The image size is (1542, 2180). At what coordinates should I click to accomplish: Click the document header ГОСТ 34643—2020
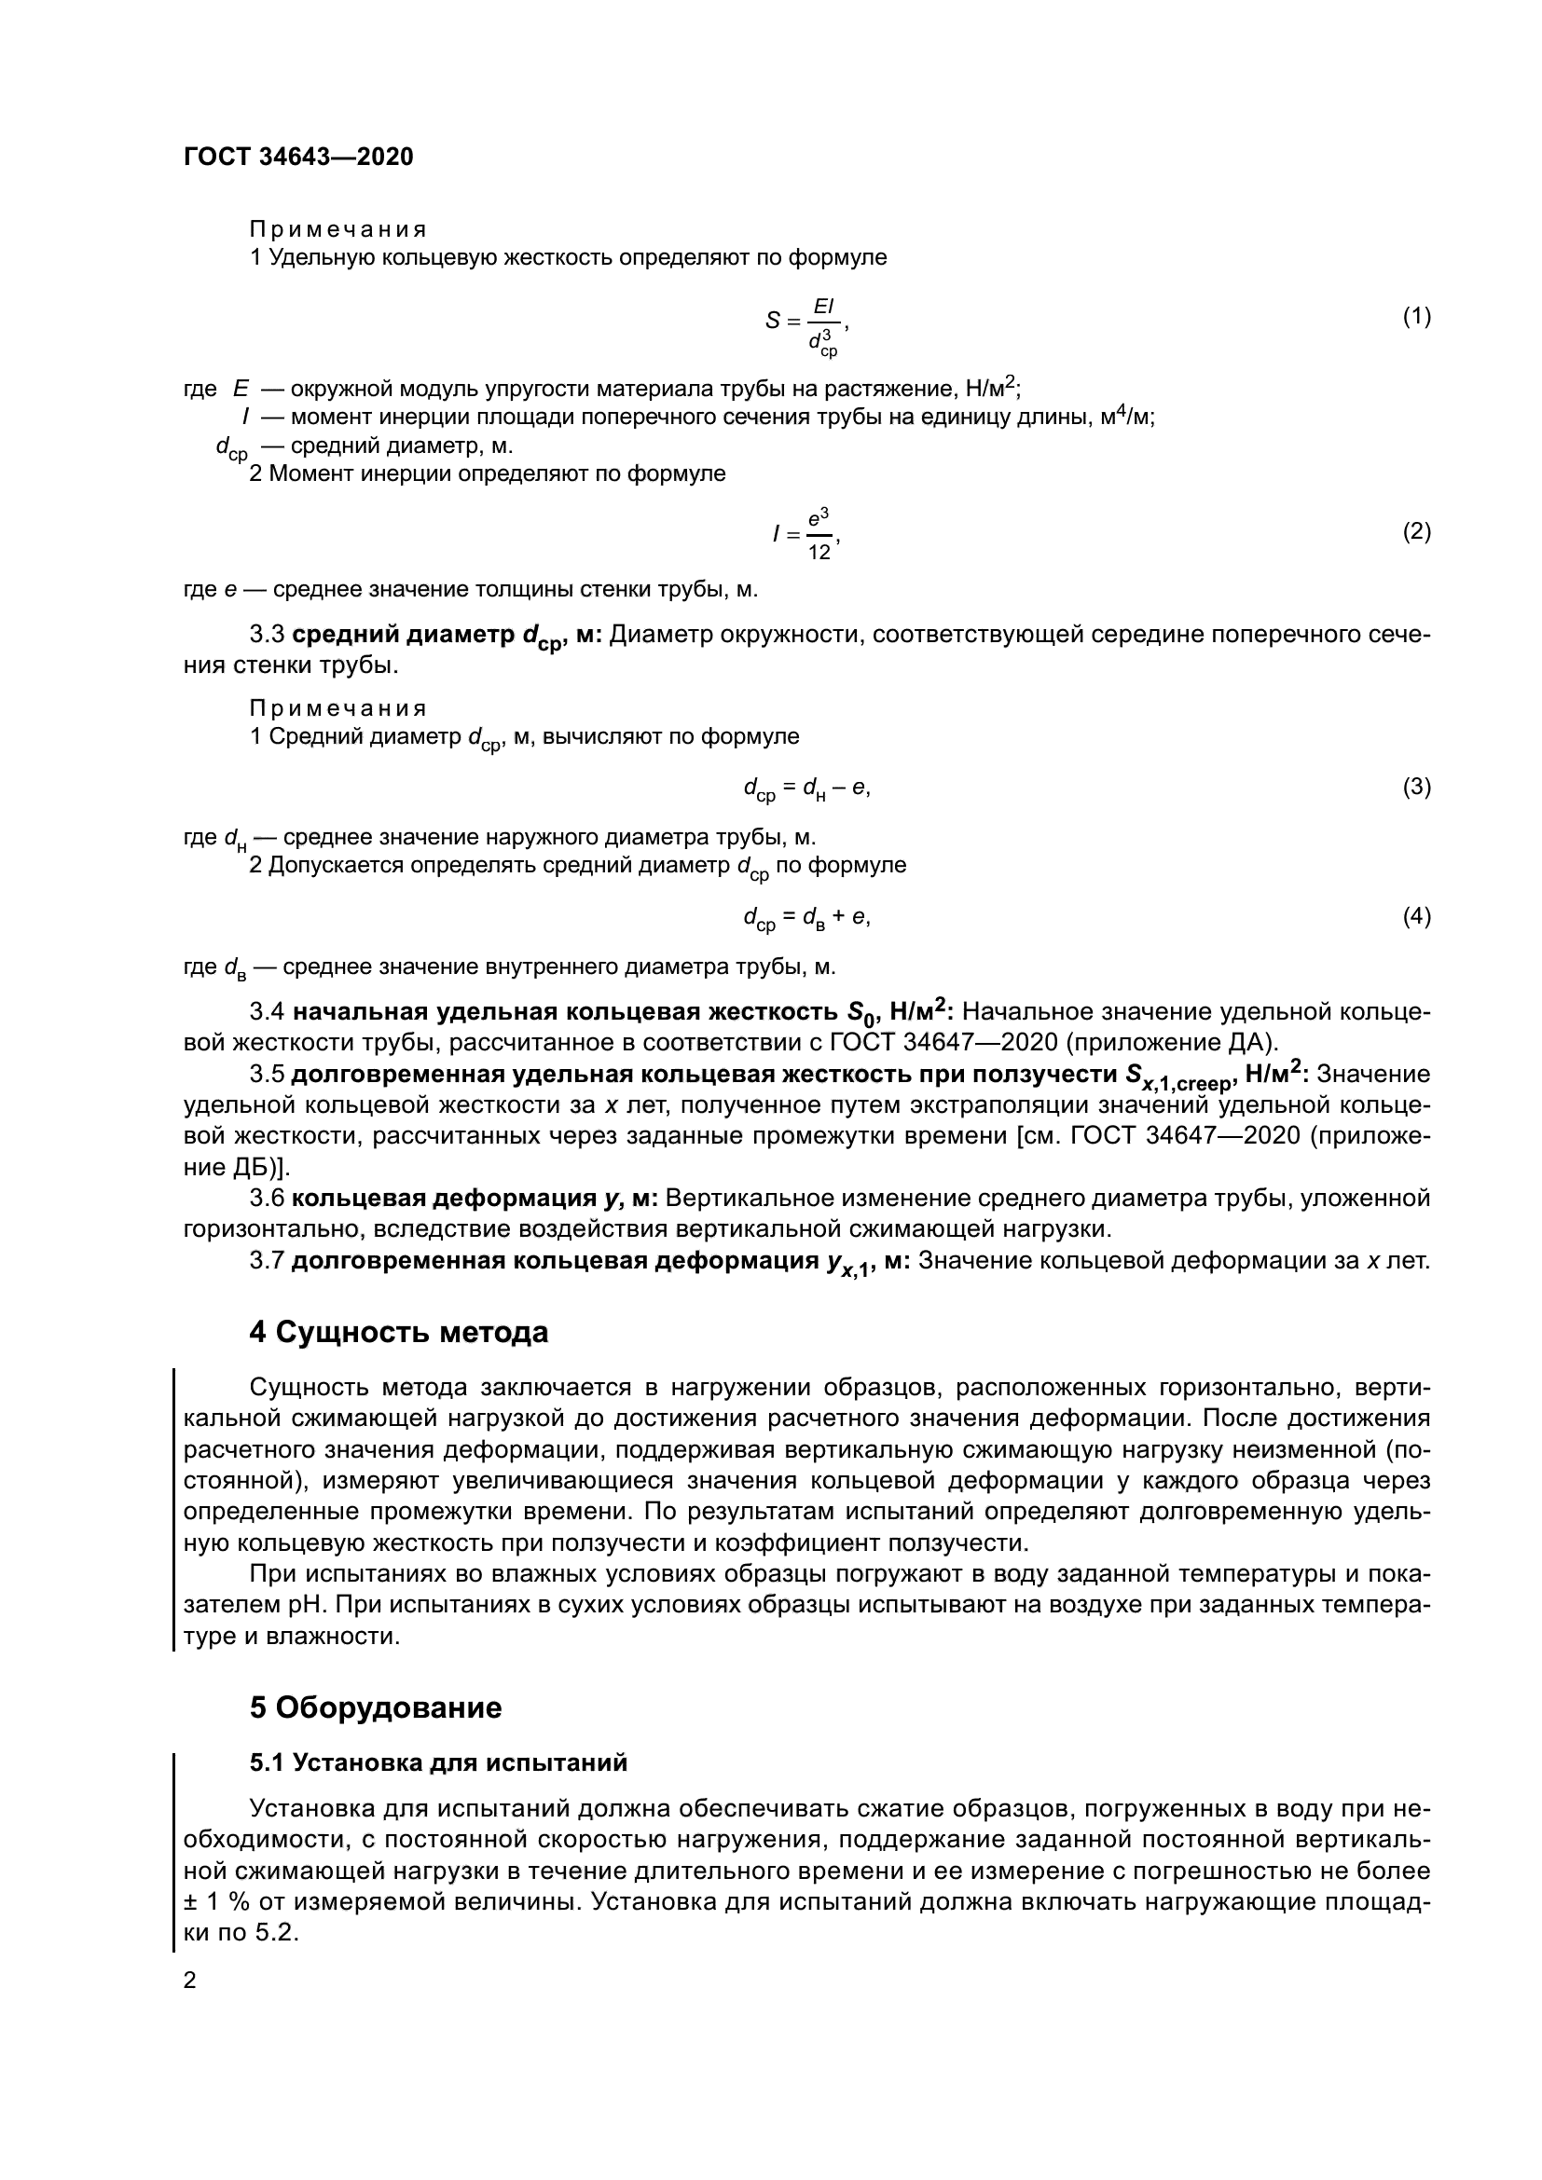[x=298, y=158]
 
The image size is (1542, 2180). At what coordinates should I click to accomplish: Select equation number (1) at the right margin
[x=1416, y=316]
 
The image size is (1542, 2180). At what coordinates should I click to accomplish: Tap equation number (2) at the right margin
[x=1416, y=531]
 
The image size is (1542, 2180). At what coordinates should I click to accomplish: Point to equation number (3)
[x=1416, y=787]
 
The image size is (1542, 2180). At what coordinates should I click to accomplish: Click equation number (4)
[x=1416, y=916]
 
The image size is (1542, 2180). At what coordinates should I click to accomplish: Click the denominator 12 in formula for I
[x=819, y=552]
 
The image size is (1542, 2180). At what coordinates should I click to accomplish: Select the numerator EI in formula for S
[x=822, y=306]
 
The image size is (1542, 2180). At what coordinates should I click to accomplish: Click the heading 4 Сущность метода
[x=399, y=1332]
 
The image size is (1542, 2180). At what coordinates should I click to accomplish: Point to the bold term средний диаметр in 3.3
[x=403, y=635]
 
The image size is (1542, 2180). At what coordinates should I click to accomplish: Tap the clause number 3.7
[x=267, y=1261]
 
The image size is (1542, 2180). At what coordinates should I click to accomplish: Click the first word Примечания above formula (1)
[x=337, y=230]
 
